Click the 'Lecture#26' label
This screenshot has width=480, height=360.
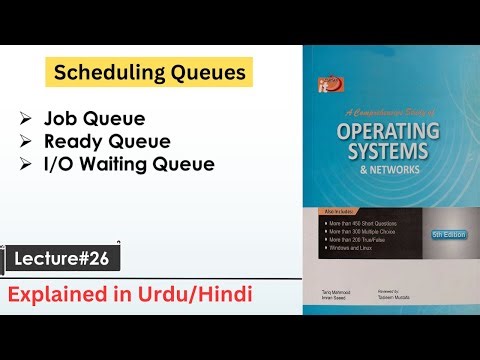[x=67, y=258]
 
